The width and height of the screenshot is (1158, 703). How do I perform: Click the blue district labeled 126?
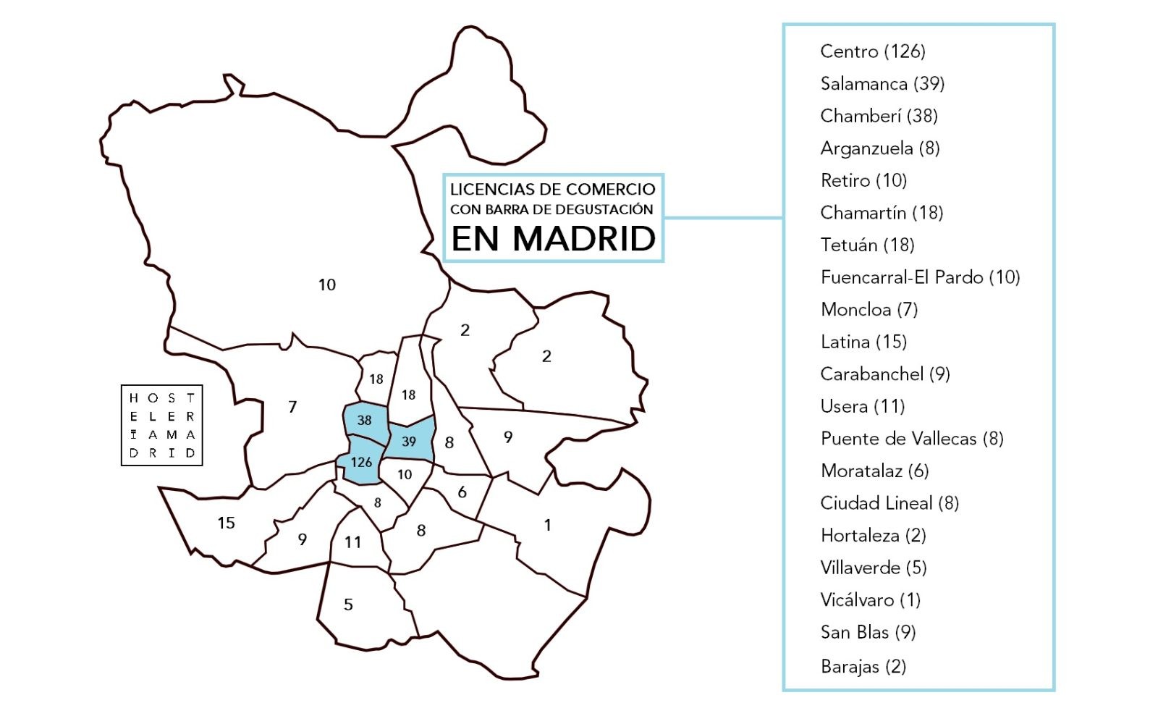(360, 462)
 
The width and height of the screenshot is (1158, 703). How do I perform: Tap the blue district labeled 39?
(410, 441)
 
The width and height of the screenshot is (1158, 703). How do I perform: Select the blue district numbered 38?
(365, 420)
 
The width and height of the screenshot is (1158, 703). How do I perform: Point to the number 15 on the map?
(226, 523)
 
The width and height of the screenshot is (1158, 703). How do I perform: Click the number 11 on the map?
(352, 542)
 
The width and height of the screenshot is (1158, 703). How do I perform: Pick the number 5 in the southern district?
(348, 605)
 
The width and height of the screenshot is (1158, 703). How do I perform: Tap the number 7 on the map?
(292, 407)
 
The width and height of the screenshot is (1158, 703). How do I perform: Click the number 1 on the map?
(548, 525)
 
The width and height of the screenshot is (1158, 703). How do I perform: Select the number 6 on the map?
(462, 492)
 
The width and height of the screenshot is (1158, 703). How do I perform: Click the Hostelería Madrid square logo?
(161, 425)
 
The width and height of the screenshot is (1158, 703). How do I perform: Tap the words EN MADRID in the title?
(553, 239)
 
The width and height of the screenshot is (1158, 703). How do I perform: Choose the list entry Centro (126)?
(872, 51)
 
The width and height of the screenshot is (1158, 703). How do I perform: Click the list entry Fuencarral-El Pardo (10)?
(919, 277)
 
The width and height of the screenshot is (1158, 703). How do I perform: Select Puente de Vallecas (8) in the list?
(911, 439)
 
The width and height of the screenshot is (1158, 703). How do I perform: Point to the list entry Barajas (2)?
(863, 666)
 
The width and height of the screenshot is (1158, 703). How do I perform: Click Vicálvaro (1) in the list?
(870, 600)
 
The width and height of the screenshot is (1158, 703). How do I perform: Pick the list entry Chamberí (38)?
(879, 116)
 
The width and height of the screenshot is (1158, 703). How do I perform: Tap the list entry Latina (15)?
(863, 342)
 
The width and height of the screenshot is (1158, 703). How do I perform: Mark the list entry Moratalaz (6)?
(874, 471)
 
